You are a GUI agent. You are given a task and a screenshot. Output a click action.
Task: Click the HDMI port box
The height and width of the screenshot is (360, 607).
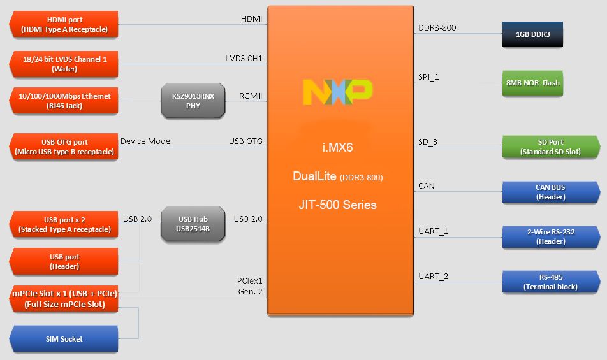coord(64,25)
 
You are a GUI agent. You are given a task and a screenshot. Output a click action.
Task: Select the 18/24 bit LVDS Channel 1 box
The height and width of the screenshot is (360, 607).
coord(64,64)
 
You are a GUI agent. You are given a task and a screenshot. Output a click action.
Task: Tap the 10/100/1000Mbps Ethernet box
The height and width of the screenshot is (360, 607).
coord(64,101)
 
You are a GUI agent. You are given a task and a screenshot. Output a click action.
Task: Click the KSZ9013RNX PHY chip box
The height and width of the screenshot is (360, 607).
coord(193,101)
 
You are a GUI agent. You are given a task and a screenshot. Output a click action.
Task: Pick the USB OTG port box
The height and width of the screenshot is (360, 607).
coord(64,147)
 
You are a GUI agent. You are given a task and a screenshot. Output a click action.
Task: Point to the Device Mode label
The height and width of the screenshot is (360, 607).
coord(145,141)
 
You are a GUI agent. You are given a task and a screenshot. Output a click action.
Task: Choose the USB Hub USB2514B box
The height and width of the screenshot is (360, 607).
coord(194,224)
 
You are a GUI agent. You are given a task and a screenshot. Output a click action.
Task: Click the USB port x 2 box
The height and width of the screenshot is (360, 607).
coord(64,224)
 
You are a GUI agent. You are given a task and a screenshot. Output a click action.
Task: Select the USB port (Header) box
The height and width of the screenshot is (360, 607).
coord(64,261)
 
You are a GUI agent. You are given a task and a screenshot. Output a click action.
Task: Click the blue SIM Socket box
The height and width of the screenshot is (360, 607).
coord(64,338)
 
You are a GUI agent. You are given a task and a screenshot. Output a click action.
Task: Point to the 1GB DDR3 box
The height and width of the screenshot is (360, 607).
coord(533,34)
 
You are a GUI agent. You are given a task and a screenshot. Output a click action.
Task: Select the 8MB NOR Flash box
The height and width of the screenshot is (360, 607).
coord(533,83)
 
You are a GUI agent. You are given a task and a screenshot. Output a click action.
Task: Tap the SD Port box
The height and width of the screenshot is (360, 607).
coord(550,147)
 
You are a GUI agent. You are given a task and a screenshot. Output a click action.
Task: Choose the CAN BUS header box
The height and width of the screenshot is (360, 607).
coord(550,192)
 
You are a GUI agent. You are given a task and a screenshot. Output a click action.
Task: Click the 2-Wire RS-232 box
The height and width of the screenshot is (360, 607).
coord(550,236)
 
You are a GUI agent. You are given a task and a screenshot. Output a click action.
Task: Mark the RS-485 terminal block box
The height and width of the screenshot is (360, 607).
coord(550,282)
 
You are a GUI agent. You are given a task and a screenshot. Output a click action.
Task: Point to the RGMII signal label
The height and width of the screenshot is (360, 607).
coord(251,96)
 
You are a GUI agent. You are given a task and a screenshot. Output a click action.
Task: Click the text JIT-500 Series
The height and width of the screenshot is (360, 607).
coord(337,205)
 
